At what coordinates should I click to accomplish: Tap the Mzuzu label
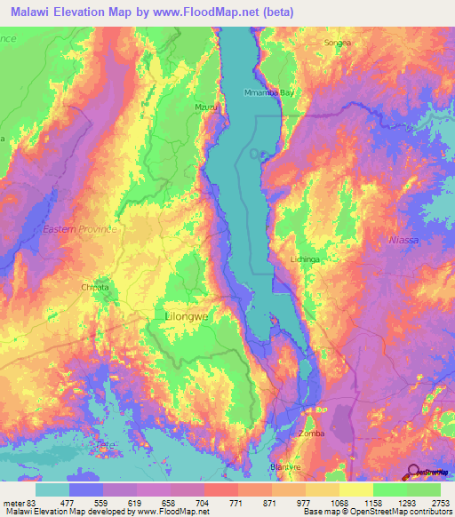coord(205,107)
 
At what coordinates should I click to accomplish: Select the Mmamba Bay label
coord(268,92)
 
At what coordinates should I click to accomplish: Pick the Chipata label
coord(95,288)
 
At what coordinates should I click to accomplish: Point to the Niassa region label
coord(403,241)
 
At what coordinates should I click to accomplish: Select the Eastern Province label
coord(80,229)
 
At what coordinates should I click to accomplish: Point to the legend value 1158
coord(373,503)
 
